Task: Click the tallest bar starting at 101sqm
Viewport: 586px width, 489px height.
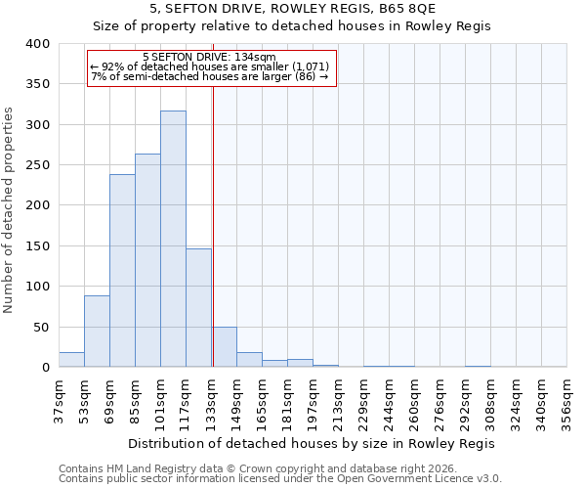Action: (173, 240)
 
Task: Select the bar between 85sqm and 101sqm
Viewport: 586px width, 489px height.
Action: (147, 261)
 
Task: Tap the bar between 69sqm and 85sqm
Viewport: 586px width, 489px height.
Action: (122, 271)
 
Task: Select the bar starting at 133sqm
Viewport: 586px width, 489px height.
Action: (225, 347)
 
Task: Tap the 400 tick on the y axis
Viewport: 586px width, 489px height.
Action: (38, 44)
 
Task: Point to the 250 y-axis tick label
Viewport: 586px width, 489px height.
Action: (38, 165)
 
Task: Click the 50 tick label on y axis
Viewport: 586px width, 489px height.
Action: (42, 327)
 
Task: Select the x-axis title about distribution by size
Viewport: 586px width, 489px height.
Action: (312, 443)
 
